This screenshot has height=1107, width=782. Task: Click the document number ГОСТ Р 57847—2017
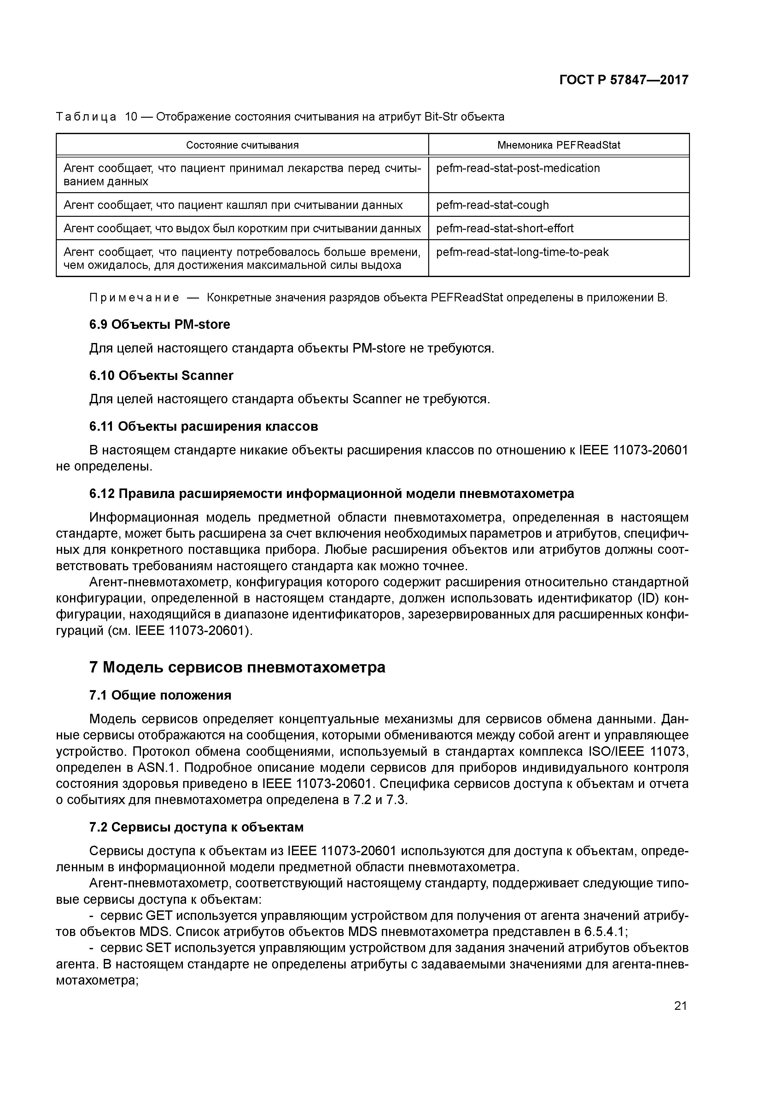[623, 80]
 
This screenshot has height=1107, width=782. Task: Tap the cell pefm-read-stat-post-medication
[518, 168]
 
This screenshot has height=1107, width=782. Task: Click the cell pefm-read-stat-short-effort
[505, 228]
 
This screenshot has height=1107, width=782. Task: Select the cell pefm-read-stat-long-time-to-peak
[522, 252]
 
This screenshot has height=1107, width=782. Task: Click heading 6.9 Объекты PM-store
[160, 324]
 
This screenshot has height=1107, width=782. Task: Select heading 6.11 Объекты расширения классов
[203, 427]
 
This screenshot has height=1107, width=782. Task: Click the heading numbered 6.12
[331, 494]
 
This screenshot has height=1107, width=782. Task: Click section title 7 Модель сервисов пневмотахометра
[237, 667]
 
